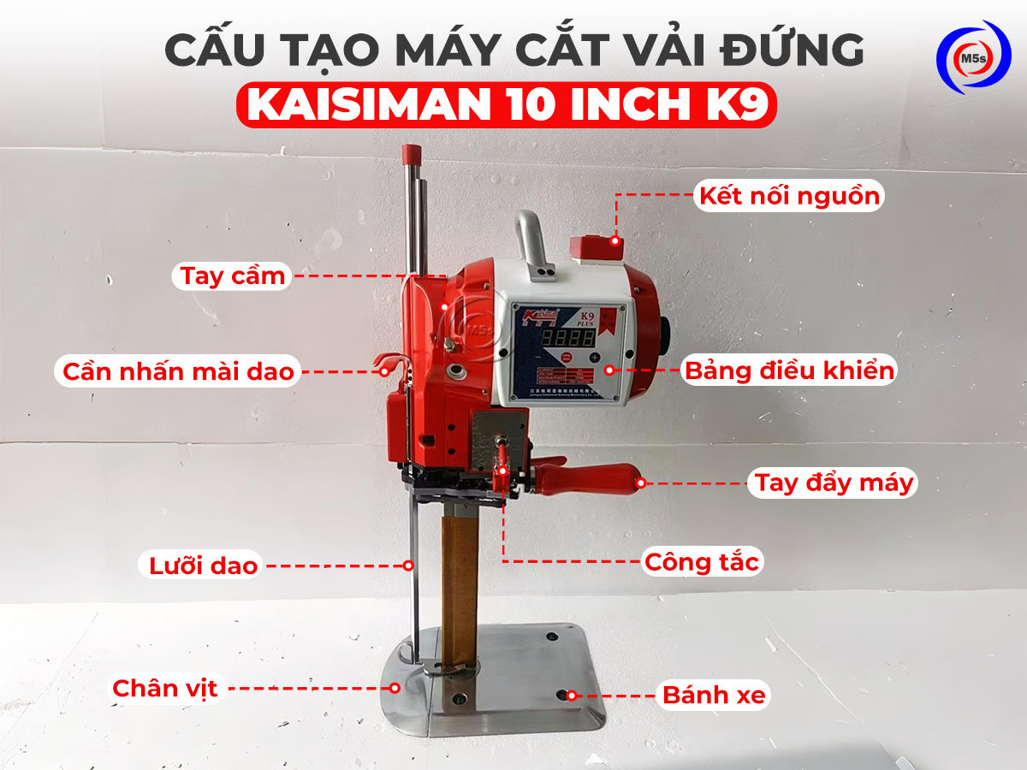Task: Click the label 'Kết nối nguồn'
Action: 789,196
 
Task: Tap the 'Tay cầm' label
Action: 232,277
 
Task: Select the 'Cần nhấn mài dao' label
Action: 178,372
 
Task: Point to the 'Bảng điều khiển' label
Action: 789,371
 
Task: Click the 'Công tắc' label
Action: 702,562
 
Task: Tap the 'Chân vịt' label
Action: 166,688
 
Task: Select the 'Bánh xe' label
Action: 714,696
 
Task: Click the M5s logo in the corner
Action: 974,57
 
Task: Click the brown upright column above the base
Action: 458,582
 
